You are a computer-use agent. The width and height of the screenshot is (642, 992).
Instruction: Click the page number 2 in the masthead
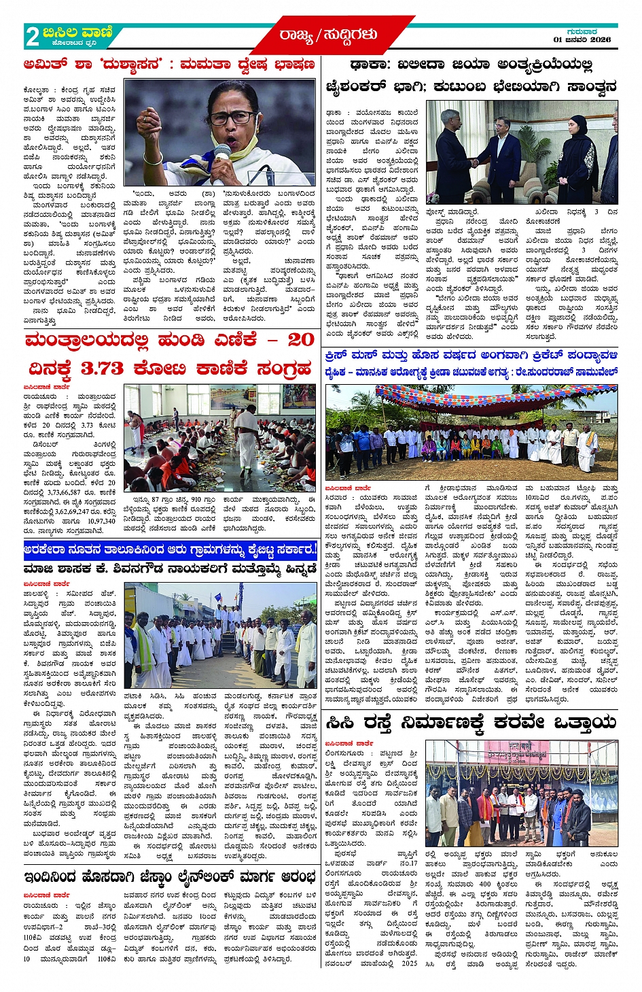pos(32,36)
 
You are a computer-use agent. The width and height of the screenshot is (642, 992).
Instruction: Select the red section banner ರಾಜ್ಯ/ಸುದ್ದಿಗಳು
pos(327,35)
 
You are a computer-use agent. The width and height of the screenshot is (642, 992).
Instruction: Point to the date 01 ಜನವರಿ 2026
pos(582,39)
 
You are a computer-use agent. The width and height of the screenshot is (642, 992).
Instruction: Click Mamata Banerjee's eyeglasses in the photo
pos(232,118)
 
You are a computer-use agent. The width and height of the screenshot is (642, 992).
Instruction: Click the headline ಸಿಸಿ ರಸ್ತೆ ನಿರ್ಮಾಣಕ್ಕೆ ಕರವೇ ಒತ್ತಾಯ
pos(470,723)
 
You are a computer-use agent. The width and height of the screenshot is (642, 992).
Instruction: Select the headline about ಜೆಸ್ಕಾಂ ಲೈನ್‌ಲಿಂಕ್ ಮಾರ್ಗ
pos(170,876)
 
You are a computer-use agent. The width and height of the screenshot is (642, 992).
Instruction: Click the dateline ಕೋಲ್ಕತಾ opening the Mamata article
pos(36,89)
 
